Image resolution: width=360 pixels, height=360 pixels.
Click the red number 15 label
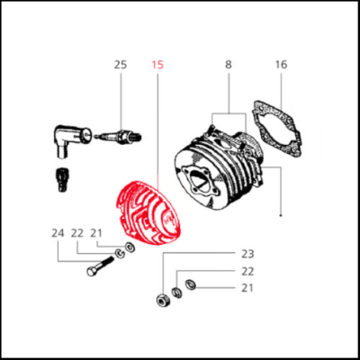[x=158, y=65]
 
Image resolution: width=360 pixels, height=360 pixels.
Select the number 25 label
[x=121, y=65]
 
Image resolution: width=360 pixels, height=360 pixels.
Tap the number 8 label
[x=229, y=65]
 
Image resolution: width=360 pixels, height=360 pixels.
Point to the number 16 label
[x=281, y=65]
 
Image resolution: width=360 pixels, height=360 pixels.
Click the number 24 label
[x=58, y=233]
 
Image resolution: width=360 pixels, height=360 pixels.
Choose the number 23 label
[x=247, y=255]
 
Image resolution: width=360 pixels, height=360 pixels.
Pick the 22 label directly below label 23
[x=247, y=271]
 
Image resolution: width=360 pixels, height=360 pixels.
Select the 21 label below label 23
[x=247, y=288]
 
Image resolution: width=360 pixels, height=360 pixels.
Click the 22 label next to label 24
[x=77, y=233]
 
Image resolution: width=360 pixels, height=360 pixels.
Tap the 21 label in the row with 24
[x=96, y=233]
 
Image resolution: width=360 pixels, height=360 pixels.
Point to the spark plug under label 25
[x=121, y=136]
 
